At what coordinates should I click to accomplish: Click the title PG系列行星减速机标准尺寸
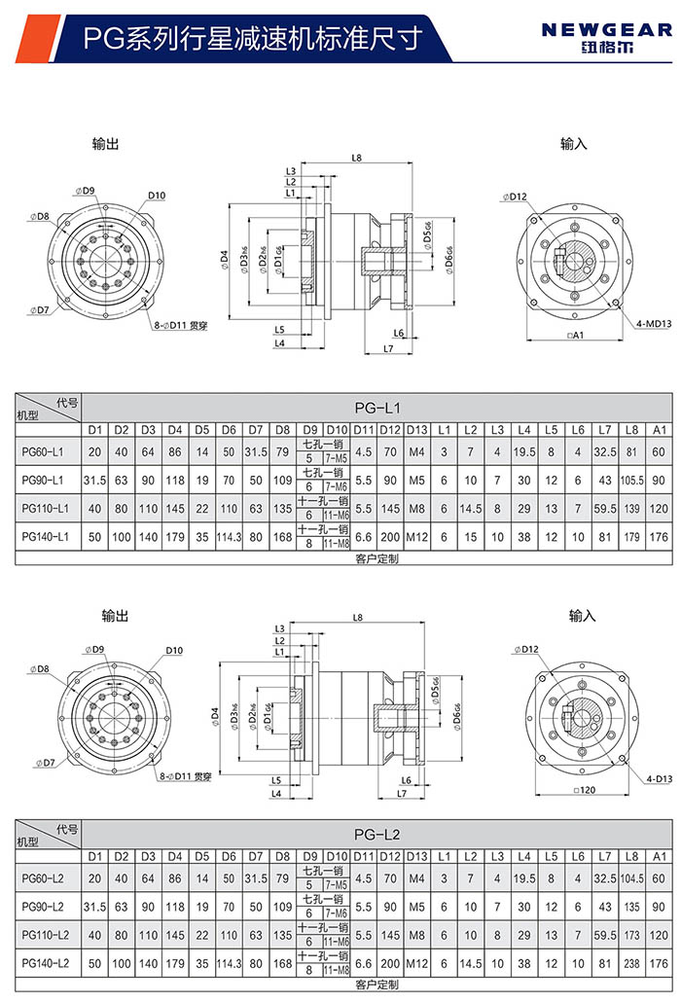point(253,38)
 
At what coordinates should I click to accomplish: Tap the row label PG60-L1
point(42,451)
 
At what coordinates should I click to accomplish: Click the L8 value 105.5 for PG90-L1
point(633,480)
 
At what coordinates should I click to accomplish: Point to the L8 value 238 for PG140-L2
point(633,962)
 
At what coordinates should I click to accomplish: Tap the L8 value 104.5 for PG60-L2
point(633,878)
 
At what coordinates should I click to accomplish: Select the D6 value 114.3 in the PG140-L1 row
point(229,536)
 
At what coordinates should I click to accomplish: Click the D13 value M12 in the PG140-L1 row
point(416,536)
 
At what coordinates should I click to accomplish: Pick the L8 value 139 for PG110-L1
point(633,508)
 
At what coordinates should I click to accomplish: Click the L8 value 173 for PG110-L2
point(633,934)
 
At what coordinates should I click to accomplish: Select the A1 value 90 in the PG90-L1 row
point(660,480)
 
